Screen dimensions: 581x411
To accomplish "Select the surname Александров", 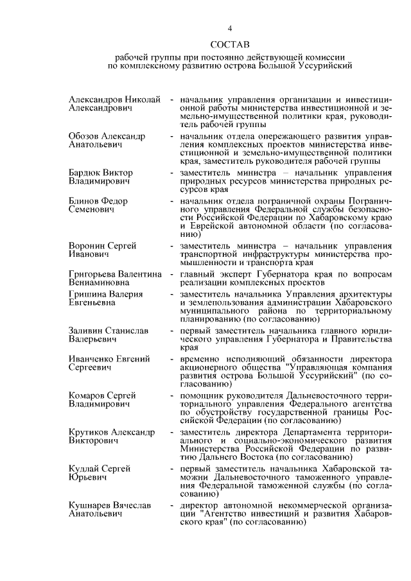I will point(94,100).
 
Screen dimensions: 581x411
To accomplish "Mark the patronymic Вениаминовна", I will point(100,283).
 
